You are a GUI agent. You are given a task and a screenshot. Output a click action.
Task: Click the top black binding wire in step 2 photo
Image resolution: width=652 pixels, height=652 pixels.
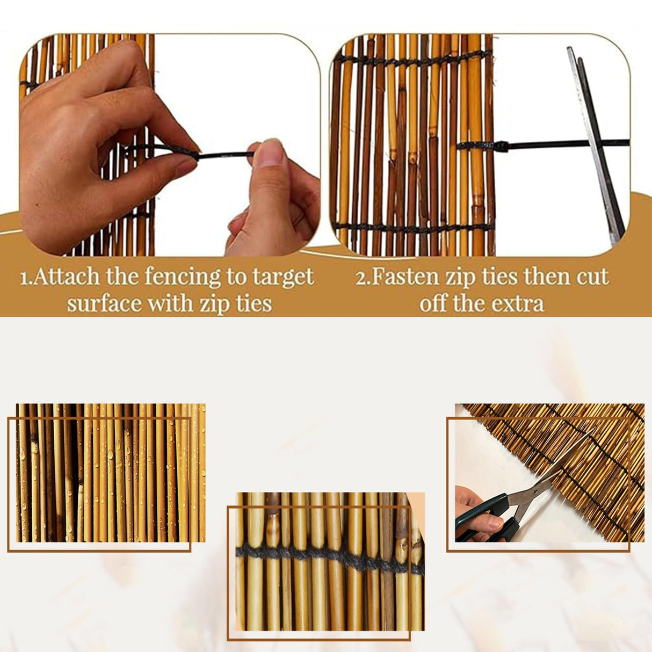point(414,60)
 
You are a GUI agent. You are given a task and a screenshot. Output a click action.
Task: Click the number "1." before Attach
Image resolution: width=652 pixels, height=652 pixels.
point(27,277)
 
